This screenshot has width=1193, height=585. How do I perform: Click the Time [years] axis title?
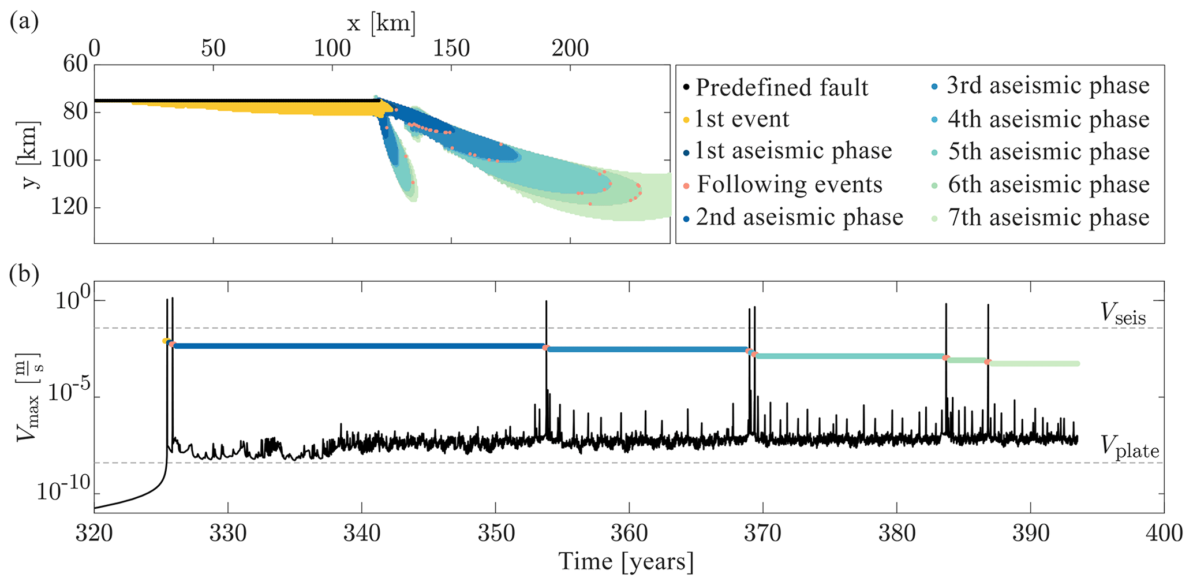(x=626, y=562)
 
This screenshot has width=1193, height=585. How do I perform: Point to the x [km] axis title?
(x=381, y=24)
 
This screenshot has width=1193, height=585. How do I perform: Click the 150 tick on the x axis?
(x=451, y=49)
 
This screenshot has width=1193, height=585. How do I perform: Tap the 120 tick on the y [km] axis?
(x=69, y=207)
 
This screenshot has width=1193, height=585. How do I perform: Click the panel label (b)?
(x=24, y=274)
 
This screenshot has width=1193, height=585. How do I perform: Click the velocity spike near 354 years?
(x=546, y=323)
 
